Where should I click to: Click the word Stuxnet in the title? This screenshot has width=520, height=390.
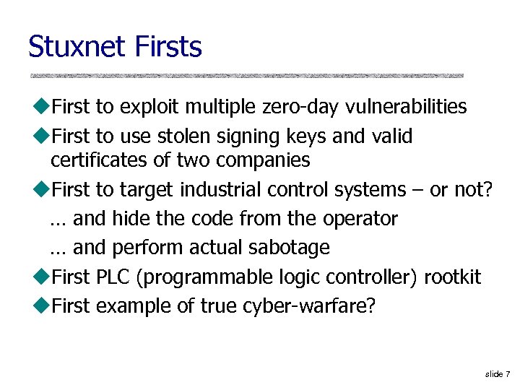click(x=69, y=48)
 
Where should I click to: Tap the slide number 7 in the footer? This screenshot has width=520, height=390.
click(x=508, y=373)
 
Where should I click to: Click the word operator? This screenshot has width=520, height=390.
click(x=361, y=219)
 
